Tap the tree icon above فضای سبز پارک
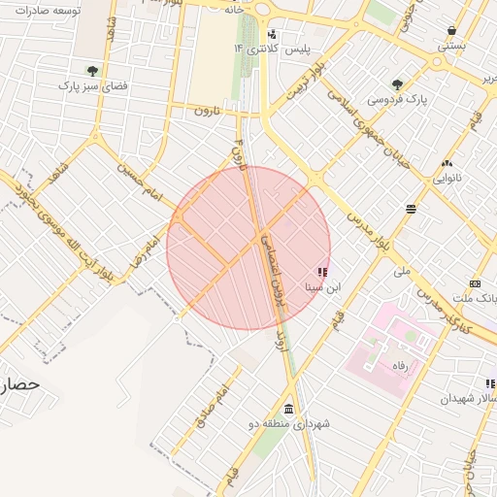pyautogui.click(x=92, y=71)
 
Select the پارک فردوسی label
pyautogui.click(x=397, y=100)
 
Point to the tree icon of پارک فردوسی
pyautogui.click(x=397, y=84)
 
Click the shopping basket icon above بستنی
pyautogui.click(x=451, y=30)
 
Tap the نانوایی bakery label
pyautogui.click(x=447, y=178)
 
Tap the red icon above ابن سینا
pyautogui.click(x=322, y=273)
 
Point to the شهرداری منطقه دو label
pyautogui.click(x=290, y=424)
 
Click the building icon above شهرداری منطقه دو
pyautogui.click(x=289, y=409)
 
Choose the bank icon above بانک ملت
pyautogui.click(x=475, y=283)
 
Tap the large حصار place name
pyautogui.click(x=20, y=384)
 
